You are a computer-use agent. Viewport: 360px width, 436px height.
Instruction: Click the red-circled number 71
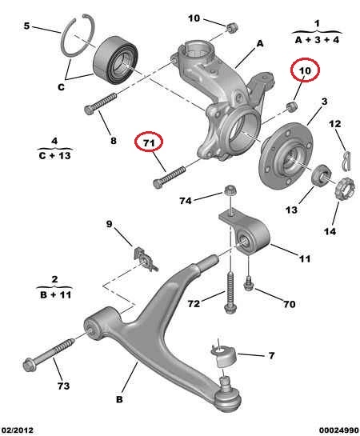click(149, 142)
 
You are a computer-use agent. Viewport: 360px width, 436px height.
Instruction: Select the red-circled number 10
click(305, 70)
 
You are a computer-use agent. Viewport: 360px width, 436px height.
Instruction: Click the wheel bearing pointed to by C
click(115, 60)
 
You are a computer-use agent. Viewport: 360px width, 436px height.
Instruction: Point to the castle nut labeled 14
click(346, 189)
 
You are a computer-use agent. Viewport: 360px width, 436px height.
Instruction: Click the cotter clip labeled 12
click(346, 161)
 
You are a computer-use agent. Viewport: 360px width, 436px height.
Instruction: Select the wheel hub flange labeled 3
click(285, 156)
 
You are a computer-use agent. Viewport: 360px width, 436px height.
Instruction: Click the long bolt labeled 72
click(230, 293)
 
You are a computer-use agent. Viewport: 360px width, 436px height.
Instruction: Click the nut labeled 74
click(230, 190)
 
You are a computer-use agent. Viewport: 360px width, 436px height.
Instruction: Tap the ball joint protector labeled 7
click(225, 356)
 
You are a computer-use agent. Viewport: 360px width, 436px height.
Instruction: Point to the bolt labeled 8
click(100, 104)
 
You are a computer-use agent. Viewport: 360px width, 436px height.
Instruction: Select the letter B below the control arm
click(119, 399)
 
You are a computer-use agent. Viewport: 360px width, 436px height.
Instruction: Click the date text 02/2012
click(18, 430)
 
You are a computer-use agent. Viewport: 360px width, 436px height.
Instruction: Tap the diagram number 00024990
click(339, 430)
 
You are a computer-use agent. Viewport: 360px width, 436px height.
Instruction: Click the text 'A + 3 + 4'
click(317, 40)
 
